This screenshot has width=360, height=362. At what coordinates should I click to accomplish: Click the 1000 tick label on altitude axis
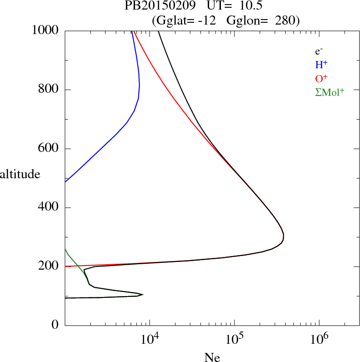point(46,30)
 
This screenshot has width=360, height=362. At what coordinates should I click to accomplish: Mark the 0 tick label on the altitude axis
point(56,325)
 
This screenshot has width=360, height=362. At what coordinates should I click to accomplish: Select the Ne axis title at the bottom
point(212,357)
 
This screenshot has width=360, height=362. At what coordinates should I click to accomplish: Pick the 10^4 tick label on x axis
point(150,339)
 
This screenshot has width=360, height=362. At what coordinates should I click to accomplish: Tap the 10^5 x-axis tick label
point(234,339)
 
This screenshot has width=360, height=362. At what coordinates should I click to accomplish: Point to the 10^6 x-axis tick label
point(319,339)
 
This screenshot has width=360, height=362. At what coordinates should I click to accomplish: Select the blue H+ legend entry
point(321,65)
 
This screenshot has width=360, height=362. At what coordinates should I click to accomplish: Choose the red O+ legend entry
point(321,78)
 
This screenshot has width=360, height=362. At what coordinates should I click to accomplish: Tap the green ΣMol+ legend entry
point(330,92)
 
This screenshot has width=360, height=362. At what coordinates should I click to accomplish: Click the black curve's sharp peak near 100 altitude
point(143,295)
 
